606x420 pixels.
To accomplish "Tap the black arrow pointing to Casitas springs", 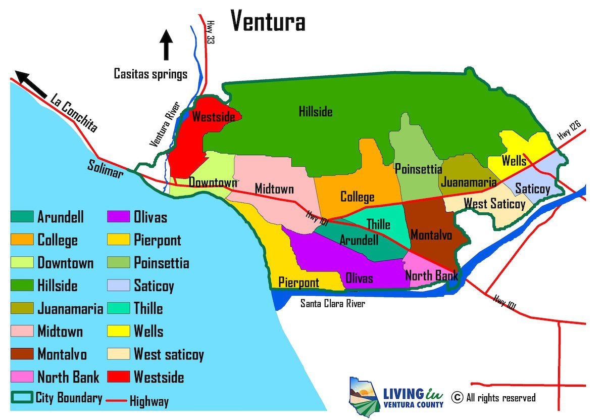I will (166, 45).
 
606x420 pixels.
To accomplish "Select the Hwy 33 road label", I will (210, 32).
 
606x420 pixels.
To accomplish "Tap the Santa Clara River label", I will (332, 303).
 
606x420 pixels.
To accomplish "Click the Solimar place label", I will (105, 169).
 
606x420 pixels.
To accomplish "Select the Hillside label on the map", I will (315, 111).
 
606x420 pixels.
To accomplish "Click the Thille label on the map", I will (378, 224).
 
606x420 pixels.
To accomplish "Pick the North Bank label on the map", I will (432, 275).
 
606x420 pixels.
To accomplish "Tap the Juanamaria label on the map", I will (468, 182).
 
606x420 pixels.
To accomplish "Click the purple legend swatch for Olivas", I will (119, 217).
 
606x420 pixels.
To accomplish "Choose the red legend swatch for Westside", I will (119, 377).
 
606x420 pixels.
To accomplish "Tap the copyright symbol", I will (457, 398).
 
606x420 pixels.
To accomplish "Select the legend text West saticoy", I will (169, 354).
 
